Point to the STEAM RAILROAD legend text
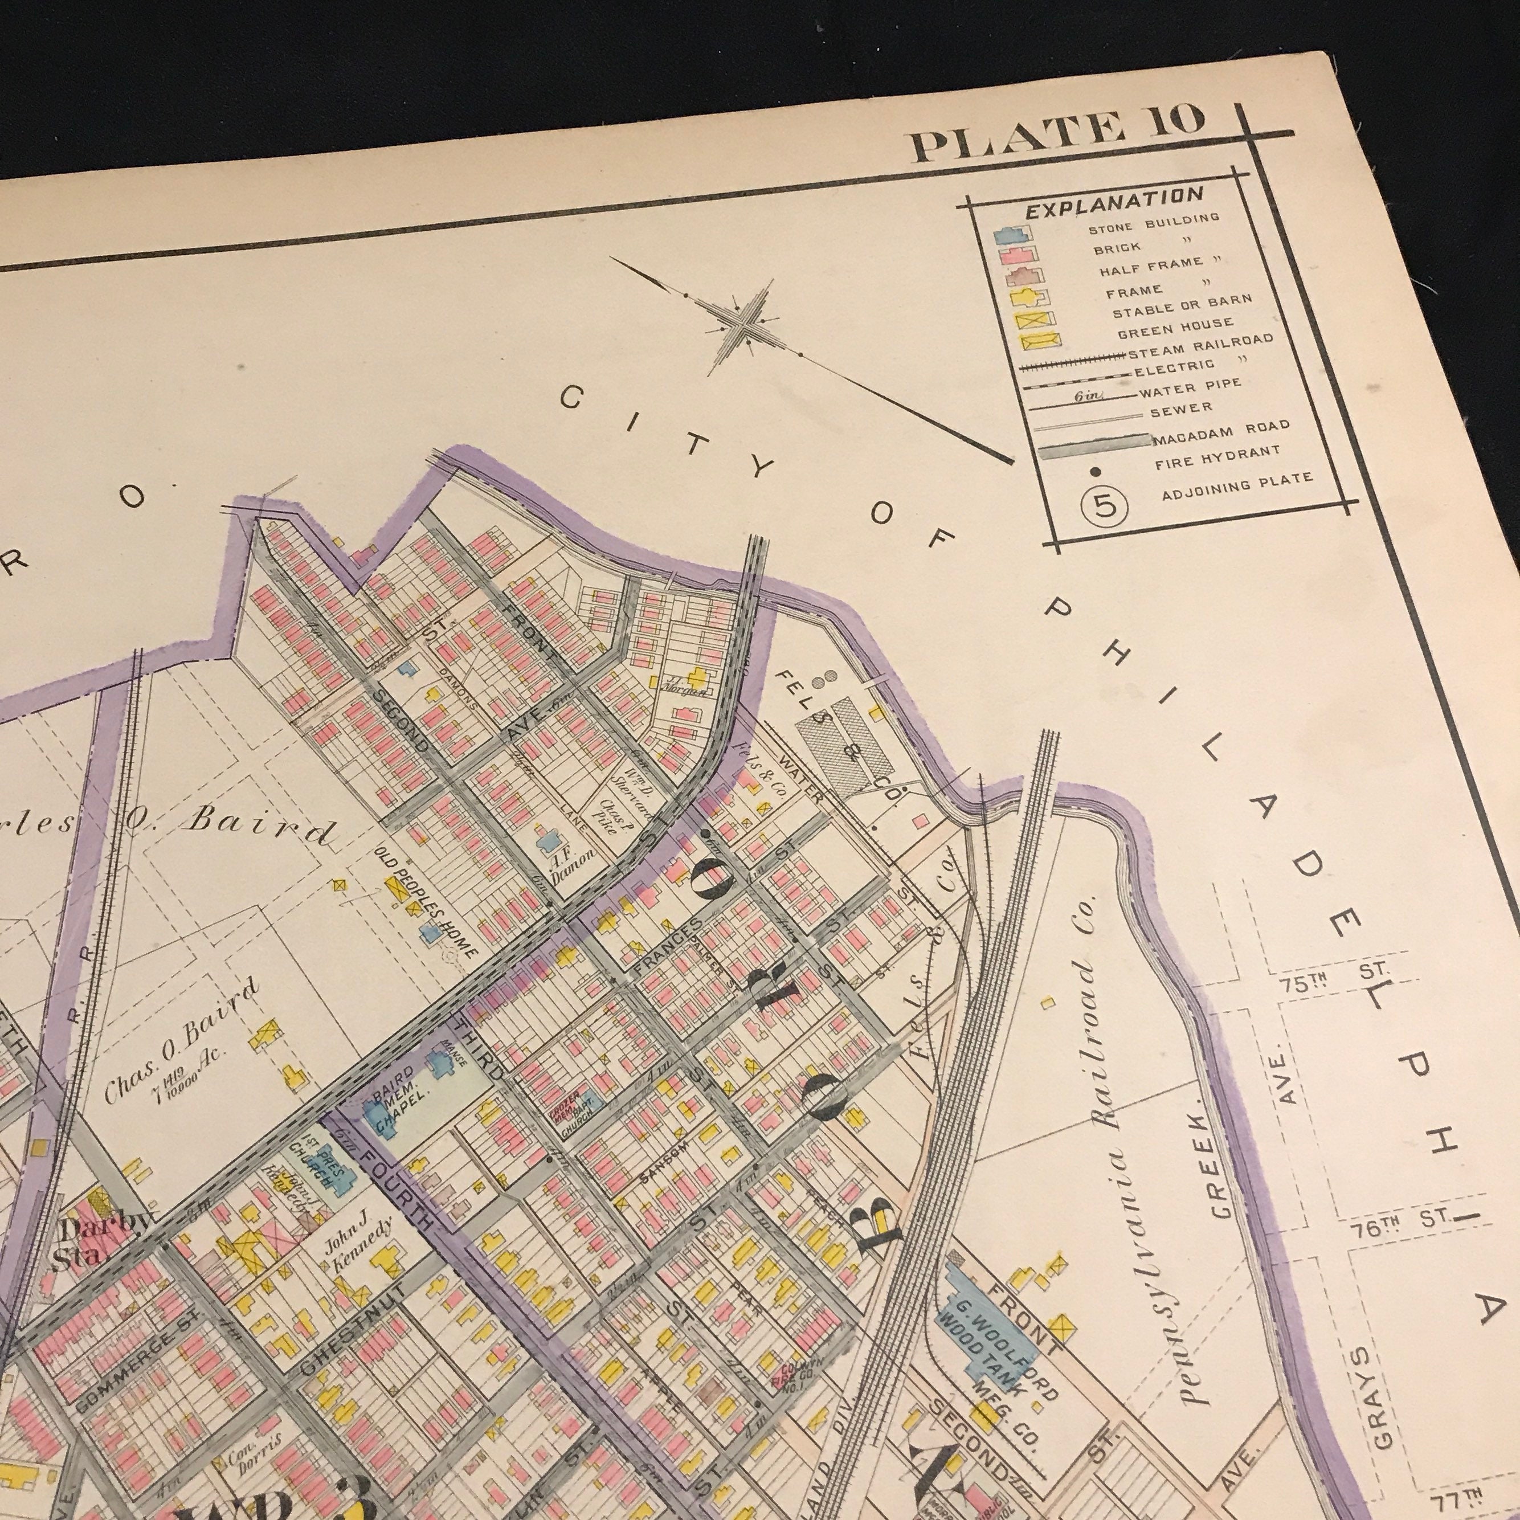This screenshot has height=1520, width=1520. [x=1204, y=347]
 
